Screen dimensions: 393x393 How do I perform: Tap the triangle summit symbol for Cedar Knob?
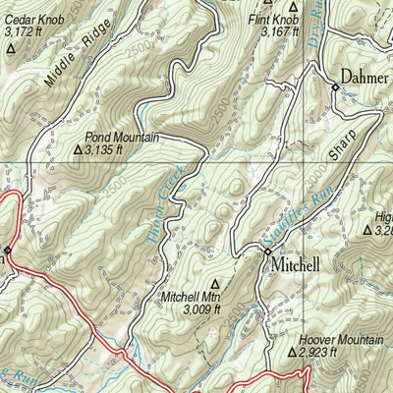click(11, 46)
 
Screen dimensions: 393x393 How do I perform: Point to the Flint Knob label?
click(272, 19)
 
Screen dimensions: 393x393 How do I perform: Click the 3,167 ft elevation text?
click(279, 31)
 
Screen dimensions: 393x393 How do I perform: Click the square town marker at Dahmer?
click(335, 87)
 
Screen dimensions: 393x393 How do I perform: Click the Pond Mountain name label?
click(122, 138)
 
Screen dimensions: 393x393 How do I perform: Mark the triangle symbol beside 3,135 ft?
click(79, 151)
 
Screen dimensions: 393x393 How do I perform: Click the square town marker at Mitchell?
click(266, 253)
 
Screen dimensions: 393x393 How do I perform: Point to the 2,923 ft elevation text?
click(318, 352)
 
